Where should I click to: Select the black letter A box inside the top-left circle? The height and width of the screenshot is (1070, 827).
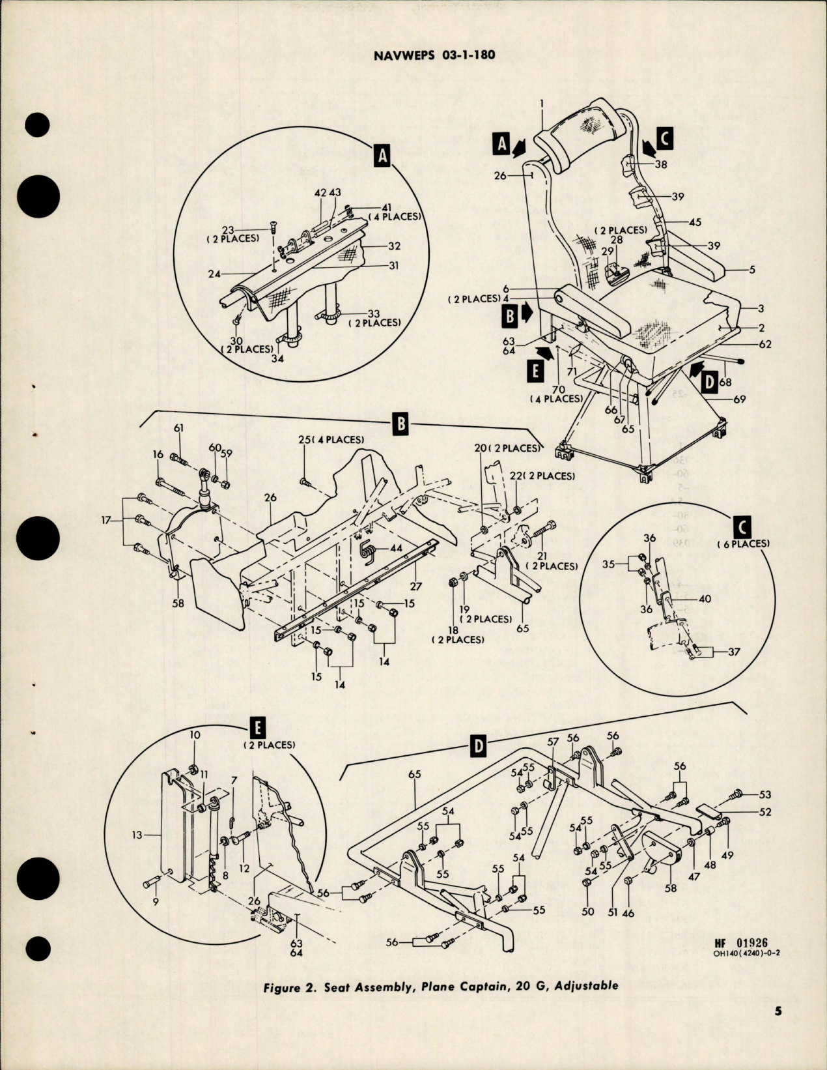click(382, 156)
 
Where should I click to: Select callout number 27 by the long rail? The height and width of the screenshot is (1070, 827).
click(416, 586)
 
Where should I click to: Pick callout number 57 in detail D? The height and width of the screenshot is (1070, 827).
click(554, 742)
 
